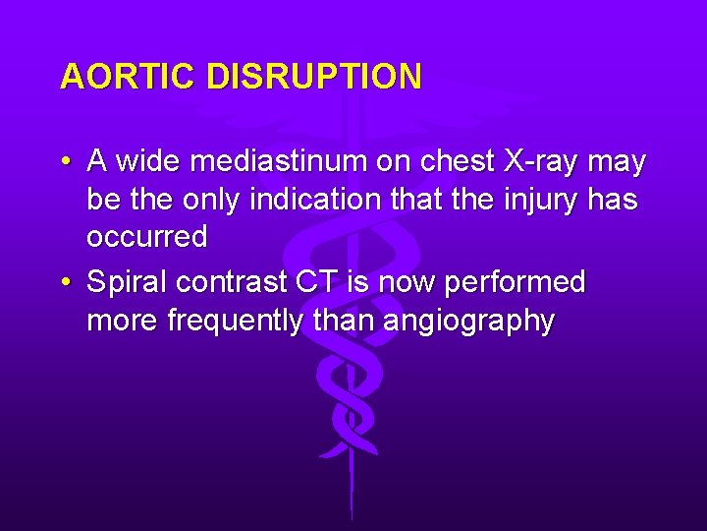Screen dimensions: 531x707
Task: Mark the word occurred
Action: pyautogui.click(x=147, y=238)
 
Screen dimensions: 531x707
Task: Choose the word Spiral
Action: pyautogui.click(x=128, y=283)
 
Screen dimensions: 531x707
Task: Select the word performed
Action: pyautogui.click(x=516, y=283)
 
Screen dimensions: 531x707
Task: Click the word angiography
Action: pyautogui.click(x=468, y=322)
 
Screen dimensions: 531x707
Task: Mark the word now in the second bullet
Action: pyautogui.click(x=405, y=283)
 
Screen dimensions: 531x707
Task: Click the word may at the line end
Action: pyautogui.click(x=617, y=160)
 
